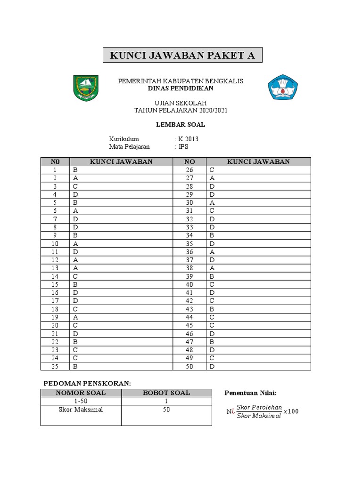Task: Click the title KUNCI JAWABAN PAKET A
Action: coord(182,56)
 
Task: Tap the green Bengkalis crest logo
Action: coord(86,88)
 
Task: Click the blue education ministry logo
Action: coord(283,87)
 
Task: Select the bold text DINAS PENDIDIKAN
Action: coord(181,88)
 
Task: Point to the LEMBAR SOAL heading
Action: coord(181,125)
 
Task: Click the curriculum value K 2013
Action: coord(188,139)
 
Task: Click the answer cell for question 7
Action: coord(121,219)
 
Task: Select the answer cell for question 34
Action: coord(258,235)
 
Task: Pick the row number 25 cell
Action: coord(55,367)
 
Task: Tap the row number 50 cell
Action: coord(189,367)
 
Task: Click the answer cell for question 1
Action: coord(121,170)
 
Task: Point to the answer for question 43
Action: coord(258,308)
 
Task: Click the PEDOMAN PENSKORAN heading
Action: coord(86,383)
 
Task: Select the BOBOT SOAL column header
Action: coord(166,393)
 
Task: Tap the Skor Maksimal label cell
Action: coord(81,410)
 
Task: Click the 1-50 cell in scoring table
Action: coord(81,401)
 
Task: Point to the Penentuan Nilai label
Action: coord(250,393)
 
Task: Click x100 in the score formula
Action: coord(291,412)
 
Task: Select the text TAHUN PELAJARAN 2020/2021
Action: coord(181,110)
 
